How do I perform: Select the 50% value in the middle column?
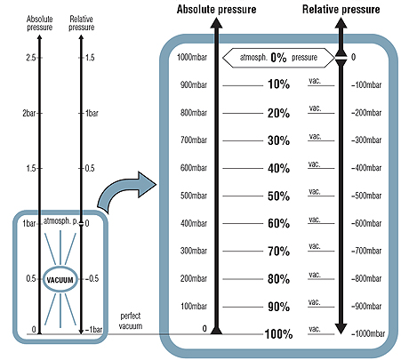279,196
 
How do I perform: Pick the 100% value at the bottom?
278,335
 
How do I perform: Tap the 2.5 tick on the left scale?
30,58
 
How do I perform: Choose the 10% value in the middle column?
279,84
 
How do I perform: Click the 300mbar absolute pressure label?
193,251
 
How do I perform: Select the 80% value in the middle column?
279,279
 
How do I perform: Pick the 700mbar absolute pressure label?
193,140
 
